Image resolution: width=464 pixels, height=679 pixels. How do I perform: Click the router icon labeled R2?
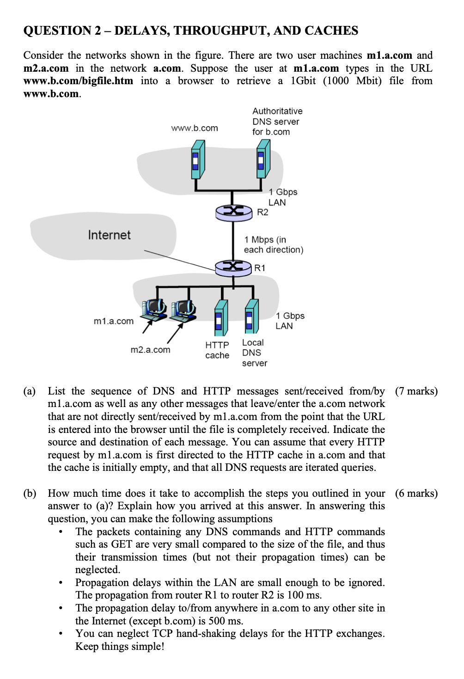233,211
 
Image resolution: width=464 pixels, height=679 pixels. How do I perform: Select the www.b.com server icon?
198,160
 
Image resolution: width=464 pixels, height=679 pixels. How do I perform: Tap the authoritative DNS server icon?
263,159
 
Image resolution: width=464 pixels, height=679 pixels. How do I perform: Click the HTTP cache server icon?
221,318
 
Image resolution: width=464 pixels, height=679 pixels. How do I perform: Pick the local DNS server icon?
251,317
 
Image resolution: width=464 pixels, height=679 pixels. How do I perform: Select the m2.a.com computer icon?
183,311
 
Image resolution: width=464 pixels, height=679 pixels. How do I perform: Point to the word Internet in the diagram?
109,235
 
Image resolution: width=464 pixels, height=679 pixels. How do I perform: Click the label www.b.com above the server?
194,128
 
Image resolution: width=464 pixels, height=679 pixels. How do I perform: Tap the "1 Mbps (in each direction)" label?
273,245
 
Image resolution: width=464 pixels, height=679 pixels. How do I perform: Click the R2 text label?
263,212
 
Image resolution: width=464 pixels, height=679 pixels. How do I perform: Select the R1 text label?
260,268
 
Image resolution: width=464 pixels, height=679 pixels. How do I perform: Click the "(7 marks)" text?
416,391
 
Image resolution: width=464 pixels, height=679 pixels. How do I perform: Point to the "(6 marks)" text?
416,494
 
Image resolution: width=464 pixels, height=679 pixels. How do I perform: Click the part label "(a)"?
30,391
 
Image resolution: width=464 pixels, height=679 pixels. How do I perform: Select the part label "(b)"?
30,494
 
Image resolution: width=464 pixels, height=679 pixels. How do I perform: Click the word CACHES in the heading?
331,31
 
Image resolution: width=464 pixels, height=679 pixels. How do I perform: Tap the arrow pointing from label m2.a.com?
175,333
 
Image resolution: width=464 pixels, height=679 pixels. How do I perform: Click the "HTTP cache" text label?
217,350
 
